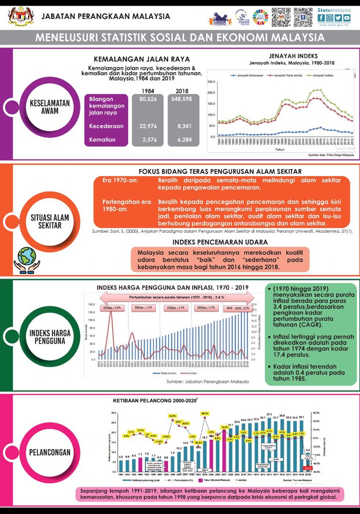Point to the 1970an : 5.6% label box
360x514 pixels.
[113, 308]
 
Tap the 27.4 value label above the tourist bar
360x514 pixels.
[269, 414]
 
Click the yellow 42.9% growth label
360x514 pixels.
[172, 415]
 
